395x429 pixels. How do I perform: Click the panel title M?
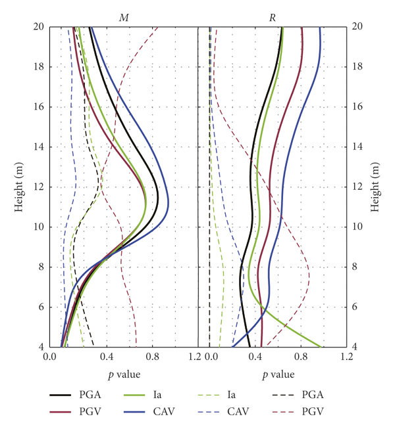tap(123, 17)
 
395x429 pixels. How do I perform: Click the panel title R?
tap(273, 17)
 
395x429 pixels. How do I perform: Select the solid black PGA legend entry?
tap(76, 395)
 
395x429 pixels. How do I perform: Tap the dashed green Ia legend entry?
tap(224, 395)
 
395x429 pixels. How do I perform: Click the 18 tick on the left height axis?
tap(38, 67)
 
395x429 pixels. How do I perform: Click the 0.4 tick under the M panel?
tap(108, 357)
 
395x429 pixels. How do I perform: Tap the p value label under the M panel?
tap(123, 375)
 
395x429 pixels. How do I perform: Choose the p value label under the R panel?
tap(273, 375)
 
